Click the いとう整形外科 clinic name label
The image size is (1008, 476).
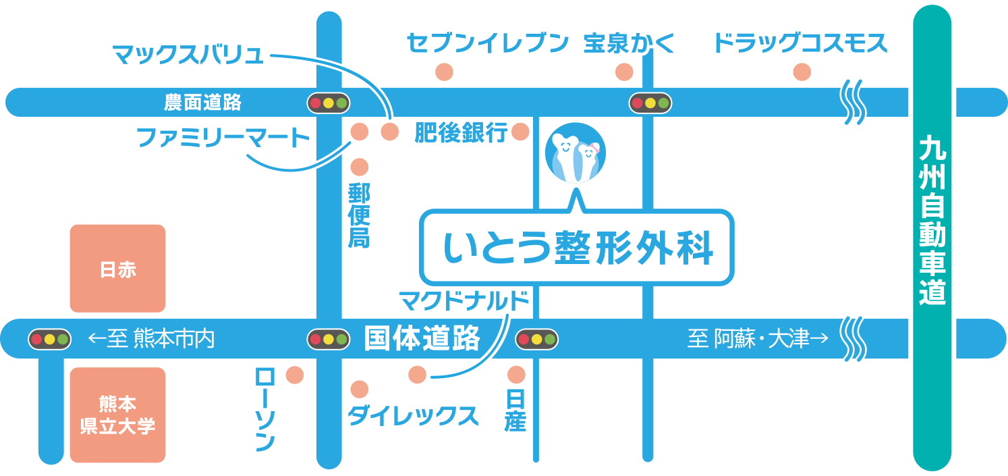pos(577,248)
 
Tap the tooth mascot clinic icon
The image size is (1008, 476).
pos(575,153)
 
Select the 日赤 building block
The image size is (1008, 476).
pos(117,269)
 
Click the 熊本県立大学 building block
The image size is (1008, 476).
pos(117,415)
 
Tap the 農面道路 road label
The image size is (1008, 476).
pos(202,103)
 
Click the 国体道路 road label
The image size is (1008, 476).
pos(422,338)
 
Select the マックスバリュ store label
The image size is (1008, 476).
pos(188,54)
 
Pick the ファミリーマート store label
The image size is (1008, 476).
pos(223,138)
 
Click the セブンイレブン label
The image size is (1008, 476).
pos(488,44)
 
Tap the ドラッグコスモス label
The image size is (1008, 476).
pos(800,44)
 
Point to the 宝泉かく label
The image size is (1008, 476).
pos(629,44)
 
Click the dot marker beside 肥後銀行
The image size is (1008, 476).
pos(520,132)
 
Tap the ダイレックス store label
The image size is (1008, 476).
pos(413,416)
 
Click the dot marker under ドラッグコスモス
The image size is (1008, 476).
pos(802,72)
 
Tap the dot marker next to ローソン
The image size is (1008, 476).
pos(295,375)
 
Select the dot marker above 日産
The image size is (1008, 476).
pos(516,374)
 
